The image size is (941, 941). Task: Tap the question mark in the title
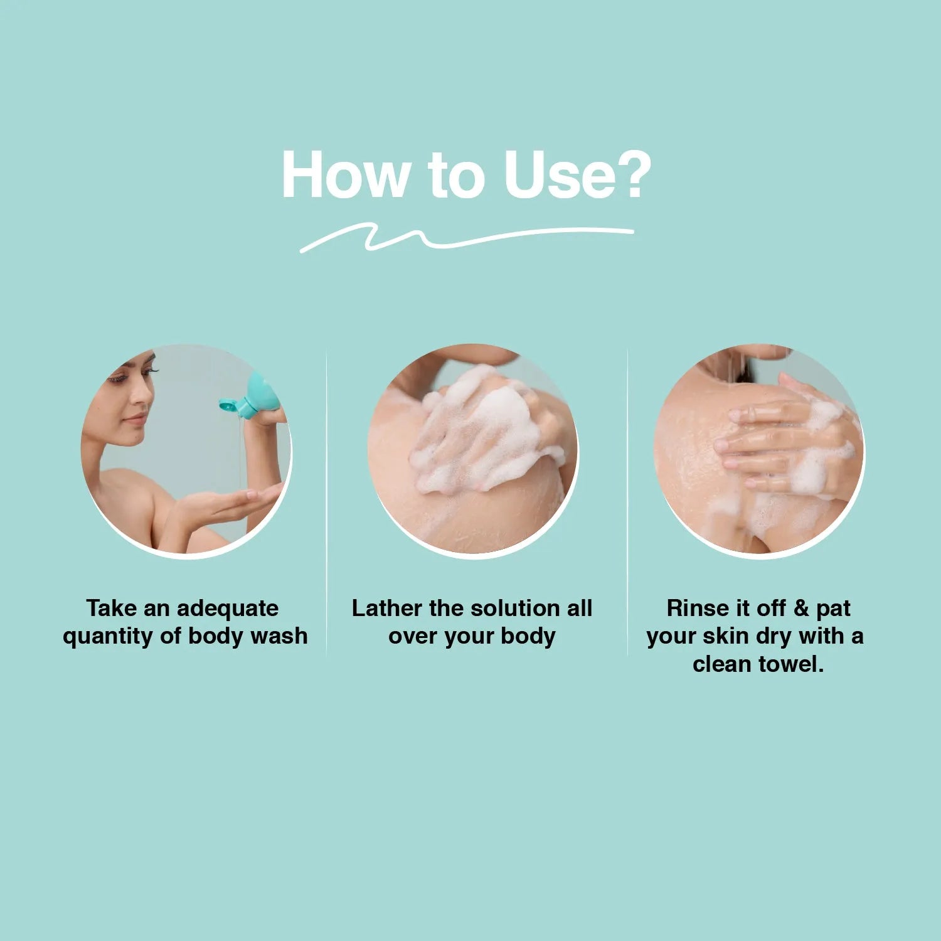632,175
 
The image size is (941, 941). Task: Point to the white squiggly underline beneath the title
467,238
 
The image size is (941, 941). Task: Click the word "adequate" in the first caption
227,609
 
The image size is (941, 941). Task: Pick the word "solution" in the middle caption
514,609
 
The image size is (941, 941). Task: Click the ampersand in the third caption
802,609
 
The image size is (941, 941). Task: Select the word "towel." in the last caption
791,664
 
